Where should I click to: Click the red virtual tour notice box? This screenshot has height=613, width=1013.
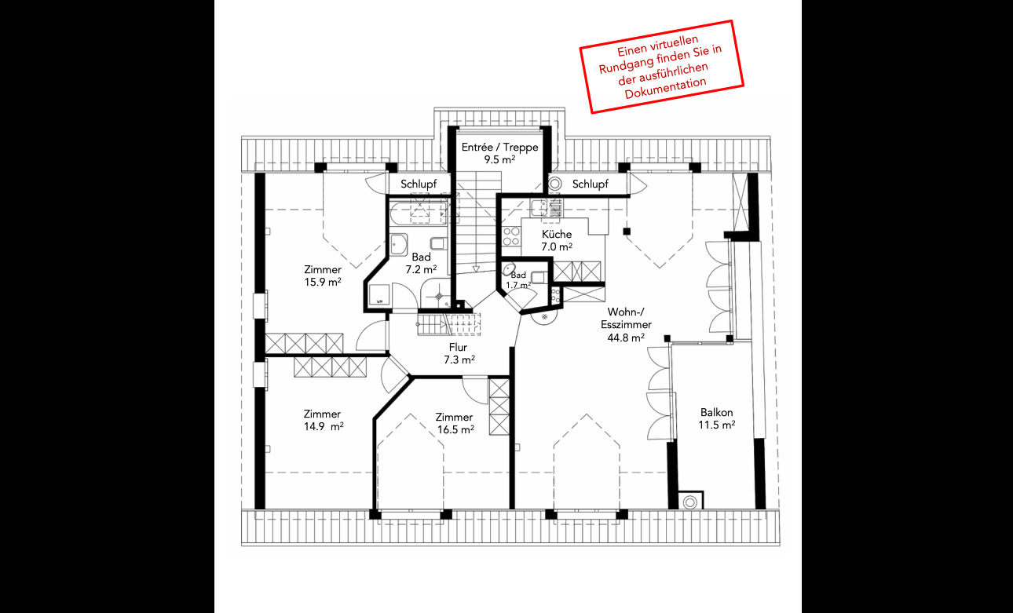pyautogui.click(x=662, y=67)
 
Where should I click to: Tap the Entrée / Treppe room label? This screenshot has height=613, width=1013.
pyautogui.click(x=499, y=148)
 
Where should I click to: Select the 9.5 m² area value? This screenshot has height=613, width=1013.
pyautogui.click(x=499, y=159)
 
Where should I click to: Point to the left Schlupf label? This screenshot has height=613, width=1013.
pyautogui.click(x=419, y=184)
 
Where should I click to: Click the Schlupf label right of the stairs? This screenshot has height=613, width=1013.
pyautogui.click(x=591, y=184)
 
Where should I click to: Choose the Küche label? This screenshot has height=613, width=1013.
pyautogui.click(x=557, y=234)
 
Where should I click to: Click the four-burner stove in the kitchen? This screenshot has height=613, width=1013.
pyautogui.click(x=511, y=236)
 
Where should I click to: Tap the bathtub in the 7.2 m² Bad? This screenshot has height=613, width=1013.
pyautogui.click(x=418, y=213)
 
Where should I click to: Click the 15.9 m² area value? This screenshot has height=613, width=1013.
pyautogui.click(x=323, y=282)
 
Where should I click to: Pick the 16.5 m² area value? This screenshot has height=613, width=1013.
pyautogui.click(x=455, y=429)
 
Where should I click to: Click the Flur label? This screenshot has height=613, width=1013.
pyautogui.click(x=458, y=347)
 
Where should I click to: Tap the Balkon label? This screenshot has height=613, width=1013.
pyautogui.click(x=717, y=412)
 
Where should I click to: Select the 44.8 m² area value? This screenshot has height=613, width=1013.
pyautogui.click(x=626, y=338)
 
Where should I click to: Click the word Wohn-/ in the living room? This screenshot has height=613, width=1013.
pyautogui.click(x=626, y=312)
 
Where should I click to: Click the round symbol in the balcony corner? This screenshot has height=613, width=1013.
pyautogui.click(x=690, y=502)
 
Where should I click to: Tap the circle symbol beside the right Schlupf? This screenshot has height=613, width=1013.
pyautogui.click(x=555, y=184)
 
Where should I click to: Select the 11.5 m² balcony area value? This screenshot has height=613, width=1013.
pyautogui.click(x=717, y=425)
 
